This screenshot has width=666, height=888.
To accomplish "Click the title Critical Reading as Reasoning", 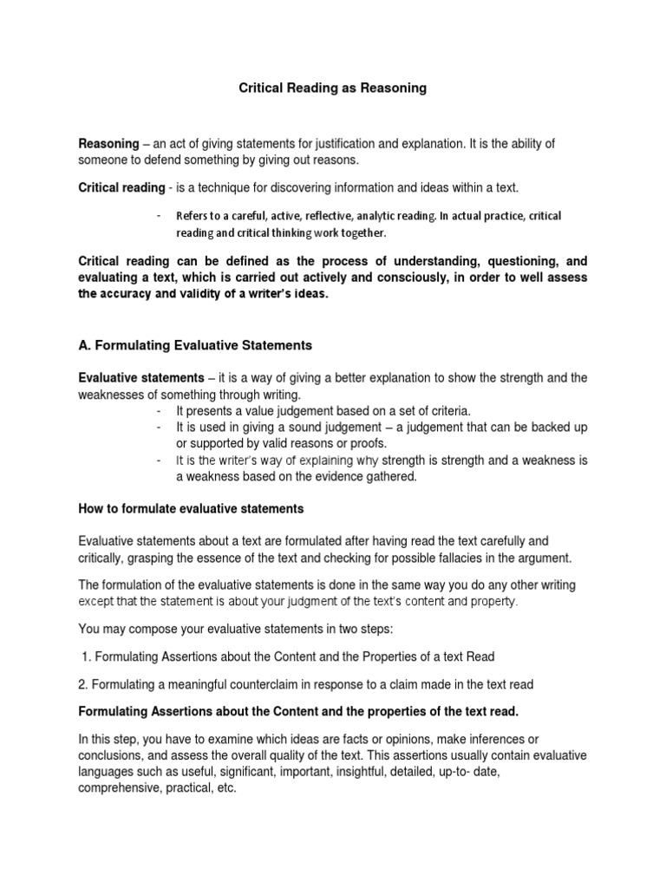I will [x=332, y=88].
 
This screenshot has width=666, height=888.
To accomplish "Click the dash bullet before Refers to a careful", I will [x=158, y=215].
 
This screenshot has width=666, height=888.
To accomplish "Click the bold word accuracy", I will [x=132, y=295].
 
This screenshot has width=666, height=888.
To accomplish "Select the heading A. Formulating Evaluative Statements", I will [x=195, y=345].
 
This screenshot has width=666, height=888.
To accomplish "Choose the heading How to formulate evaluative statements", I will [x=191, y=508].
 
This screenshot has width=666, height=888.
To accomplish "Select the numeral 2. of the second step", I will [x=83, y=684].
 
